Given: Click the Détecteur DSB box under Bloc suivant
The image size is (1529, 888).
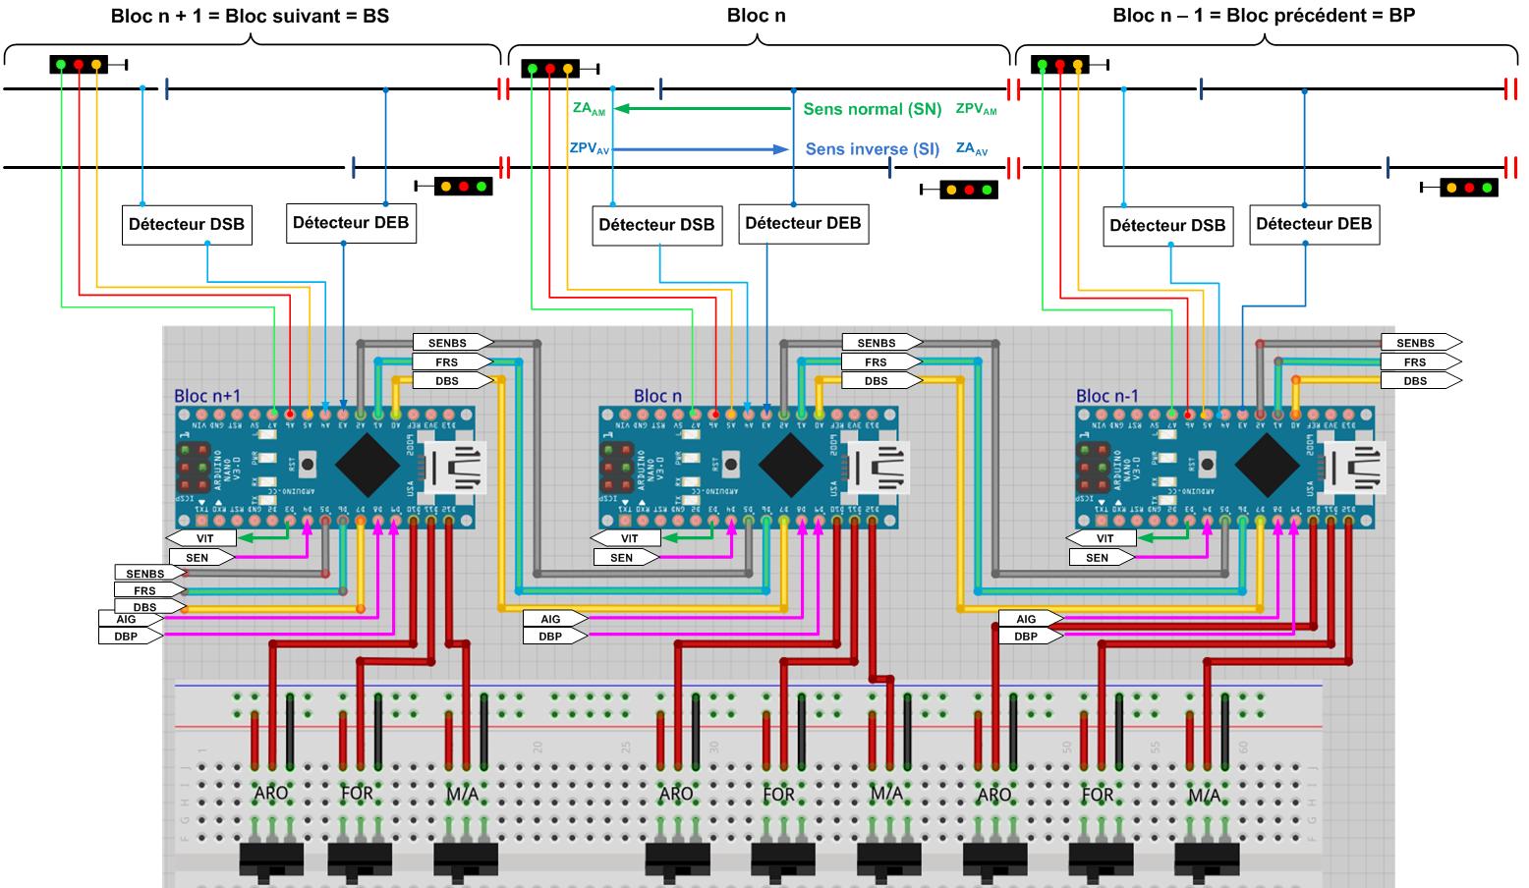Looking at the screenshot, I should (x=186, y=224).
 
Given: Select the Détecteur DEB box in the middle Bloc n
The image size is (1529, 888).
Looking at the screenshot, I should (x=802, y=223).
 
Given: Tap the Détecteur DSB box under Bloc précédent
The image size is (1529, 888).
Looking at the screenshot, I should (x=1167, y=225).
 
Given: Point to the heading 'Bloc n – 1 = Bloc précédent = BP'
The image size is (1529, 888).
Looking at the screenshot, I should (x=1263, y=15).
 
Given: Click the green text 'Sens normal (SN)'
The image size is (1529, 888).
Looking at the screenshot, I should (x=872, y=109).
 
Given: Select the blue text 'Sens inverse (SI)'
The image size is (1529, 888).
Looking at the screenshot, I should (x=872, y=149).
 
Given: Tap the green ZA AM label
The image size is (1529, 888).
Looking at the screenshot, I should (x=589, y=109).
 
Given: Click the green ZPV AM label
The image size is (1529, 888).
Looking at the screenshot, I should (x=976, y=109).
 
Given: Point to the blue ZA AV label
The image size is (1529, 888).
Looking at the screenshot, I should (x=972, y=149).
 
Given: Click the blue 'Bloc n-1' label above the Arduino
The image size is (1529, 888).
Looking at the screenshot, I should (x=1106, y=396).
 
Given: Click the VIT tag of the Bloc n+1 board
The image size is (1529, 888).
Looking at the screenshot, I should (x=203, y=538).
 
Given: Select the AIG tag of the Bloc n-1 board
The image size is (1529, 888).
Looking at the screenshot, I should (x=1025, y=619).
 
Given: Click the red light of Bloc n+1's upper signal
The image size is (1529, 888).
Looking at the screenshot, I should (x=79, y=65).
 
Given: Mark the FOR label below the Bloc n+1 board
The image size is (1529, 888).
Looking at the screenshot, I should (x=357, y=793).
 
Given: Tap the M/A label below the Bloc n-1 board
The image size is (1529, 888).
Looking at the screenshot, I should (x=1204, y=795).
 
